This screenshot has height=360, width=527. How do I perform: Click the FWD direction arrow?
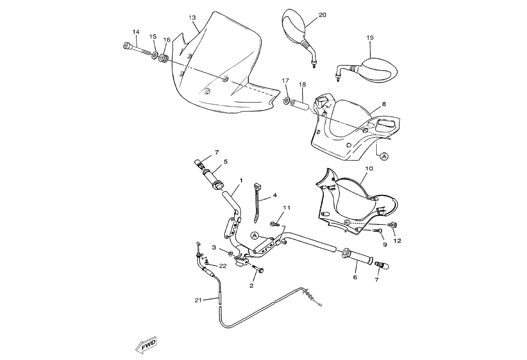[145, 345]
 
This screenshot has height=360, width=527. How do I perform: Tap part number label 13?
[192, 18]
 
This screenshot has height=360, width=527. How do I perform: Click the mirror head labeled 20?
[293, 25]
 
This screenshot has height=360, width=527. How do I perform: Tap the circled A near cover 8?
[384, 156]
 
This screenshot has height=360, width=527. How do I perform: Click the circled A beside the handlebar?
[255, 236]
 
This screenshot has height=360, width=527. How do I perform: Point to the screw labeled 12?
[391, 224]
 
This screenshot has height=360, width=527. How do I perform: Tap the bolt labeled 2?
[257, 268]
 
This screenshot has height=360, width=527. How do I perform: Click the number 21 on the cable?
[198, 300]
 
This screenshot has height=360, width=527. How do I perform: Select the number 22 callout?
[222, 266]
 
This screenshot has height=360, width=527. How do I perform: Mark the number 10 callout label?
[369, 168]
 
